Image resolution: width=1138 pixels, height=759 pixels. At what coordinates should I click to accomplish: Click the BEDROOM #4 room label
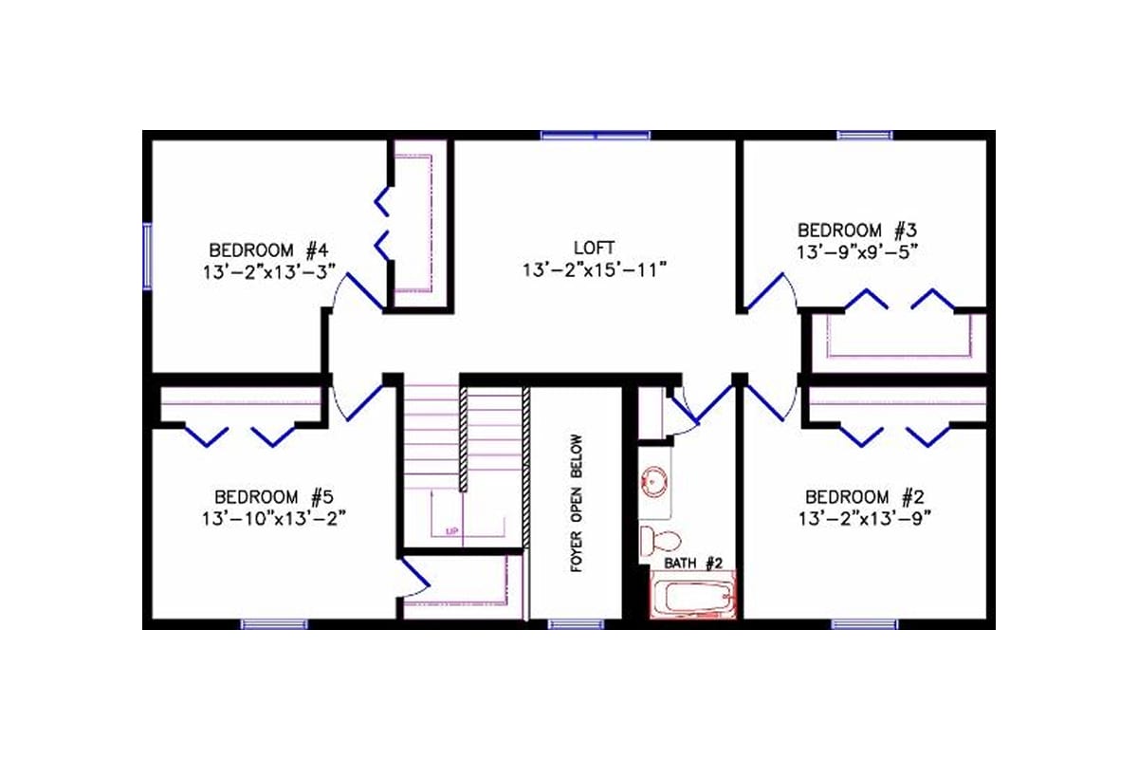268,250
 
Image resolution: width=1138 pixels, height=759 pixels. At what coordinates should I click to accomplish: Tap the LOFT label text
595,249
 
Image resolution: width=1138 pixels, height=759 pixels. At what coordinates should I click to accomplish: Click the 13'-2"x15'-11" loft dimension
595,270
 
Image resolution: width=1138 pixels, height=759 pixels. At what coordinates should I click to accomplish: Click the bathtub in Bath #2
691,597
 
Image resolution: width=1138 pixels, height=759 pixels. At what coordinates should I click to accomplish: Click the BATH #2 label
692,564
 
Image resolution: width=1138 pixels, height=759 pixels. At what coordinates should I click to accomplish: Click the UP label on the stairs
453,531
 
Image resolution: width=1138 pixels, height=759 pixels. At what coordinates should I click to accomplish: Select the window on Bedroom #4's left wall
147,254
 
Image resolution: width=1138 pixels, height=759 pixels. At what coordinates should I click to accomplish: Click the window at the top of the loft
595,136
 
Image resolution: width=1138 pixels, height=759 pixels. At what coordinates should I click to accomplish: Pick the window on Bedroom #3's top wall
864,136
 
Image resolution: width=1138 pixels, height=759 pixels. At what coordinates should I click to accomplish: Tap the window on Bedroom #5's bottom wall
273,624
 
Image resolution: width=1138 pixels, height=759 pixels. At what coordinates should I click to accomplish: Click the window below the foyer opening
570,624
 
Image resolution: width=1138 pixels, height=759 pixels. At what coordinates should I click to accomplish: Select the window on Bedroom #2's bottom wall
864,624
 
